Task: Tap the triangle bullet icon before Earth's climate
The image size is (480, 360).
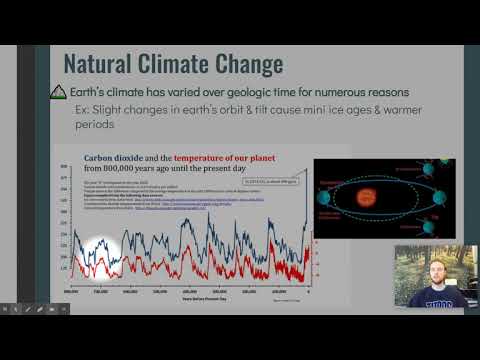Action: click(58, 92)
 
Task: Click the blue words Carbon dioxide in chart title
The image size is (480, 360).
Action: click(118, 158)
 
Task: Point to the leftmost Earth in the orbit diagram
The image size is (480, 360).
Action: click(324, 198)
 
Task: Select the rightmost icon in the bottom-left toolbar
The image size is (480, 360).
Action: click(67, 309)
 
